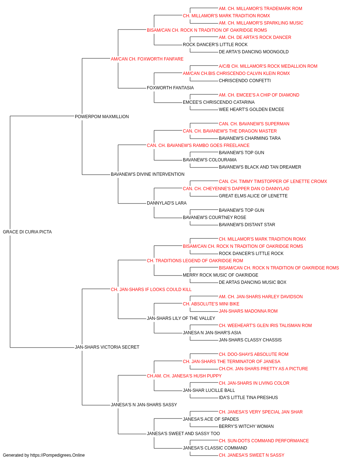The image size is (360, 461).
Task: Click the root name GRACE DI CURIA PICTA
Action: tap(27, 232)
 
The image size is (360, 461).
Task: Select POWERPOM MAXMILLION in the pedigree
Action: tap(102, 117)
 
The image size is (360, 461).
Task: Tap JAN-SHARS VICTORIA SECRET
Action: tap(107, 347)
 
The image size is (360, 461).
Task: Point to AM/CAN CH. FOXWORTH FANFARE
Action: tap(147, 59)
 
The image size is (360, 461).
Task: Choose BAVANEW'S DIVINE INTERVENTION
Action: tap(148, 174)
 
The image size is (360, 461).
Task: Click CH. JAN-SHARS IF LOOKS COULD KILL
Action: tap(151, 289)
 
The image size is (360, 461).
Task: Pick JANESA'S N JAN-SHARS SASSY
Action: tap(144, 404)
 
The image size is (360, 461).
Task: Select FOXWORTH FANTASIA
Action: tap(170, 88)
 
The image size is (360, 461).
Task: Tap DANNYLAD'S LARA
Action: tap(167, 203)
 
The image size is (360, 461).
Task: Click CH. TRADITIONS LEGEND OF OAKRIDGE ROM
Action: tap(195, 260)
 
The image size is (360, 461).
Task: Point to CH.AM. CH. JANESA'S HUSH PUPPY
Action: tap(184, 376)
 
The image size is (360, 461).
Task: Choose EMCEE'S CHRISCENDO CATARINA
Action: tap(219, 102)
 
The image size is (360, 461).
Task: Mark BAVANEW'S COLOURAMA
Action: tap(210, 160)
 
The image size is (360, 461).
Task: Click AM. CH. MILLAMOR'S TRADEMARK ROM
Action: tap(261, 9)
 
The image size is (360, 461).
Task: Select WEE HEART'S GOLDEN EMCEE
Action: tap(251, 109)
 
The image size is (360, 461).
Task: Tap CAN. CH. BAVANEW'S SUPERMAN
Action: tap(254, 124)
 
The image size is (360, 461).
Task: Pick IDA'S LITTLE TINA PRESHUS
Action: tap(248, 397)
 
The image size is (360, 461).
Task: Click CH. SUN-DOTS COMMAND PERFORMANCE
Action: tap(264, 440)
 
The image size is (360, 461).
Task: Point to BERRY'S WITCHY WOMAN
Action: tap(246, 426)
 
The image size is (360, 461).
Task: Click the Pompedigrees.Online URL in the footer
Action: tap(58, 455)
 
